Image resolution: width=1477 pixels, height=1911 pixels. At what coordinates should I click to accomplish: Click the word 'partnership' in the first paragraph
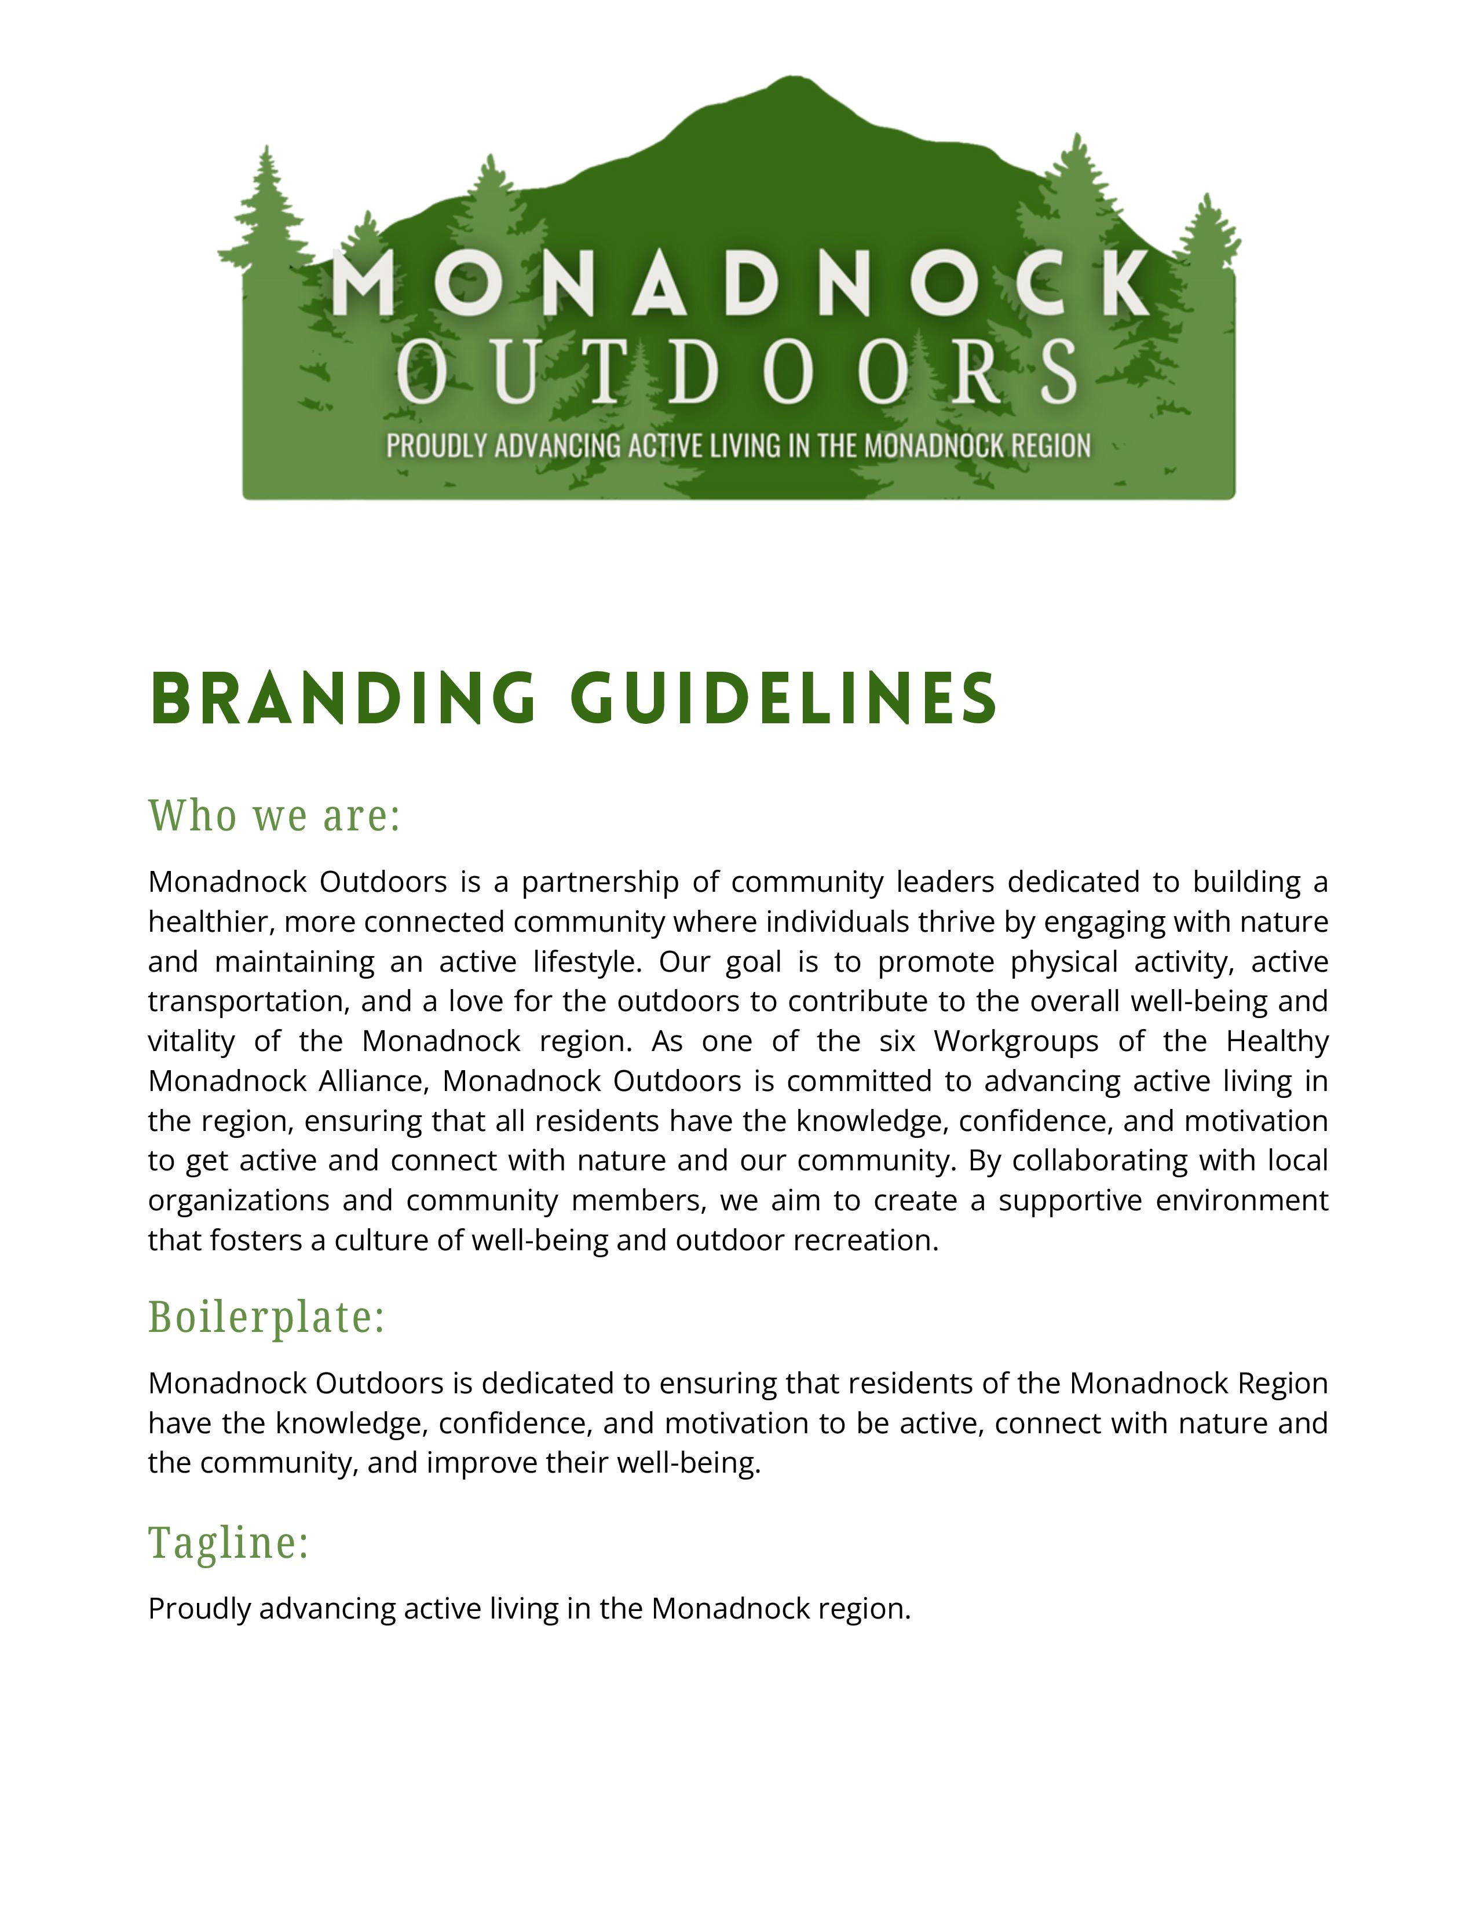point(599,882)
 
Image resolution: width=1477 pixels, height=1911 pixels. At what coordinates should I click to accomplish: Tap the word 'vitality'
point(191,1041)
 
